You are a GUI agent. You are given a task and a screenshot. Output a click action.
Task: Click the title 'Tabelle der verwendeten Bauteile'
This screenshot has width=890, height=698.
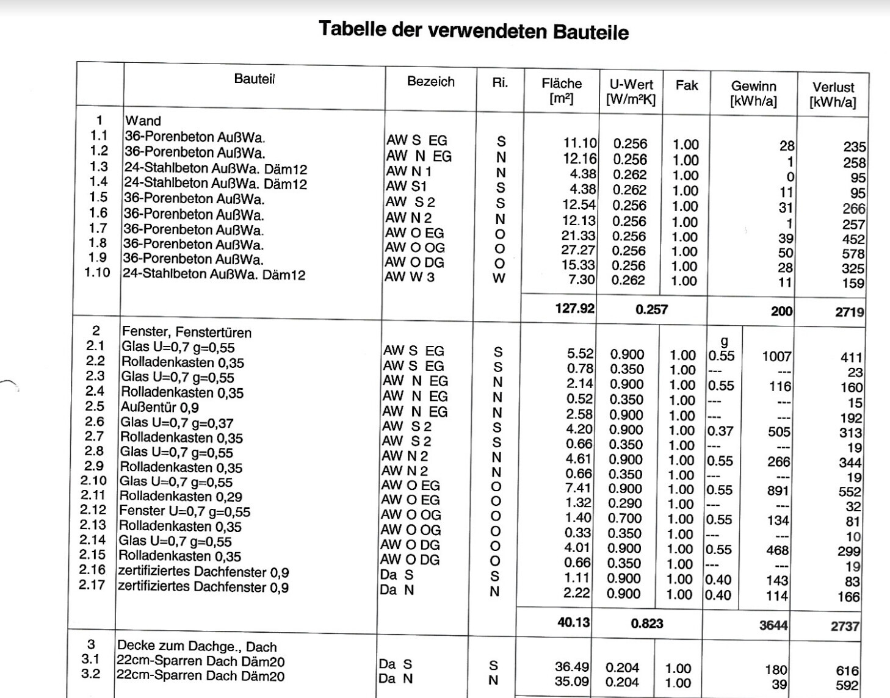click(x=473, y=30)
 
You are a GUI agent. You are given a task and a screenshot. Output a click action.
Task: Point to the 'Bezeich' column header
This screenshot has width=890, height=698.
click(x=430, y=82)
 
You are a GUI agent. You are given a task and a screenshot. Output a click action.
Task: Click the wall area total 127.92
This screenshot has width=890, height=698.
click(x=574, y=308)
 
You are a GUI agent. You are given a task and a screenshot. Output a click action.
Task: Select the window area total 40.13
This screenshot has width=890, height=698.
click(x=573, y=622)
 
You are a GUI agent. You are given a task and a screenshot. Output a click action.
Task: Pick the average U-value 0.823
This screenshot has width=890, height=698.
click(x=646, y=624)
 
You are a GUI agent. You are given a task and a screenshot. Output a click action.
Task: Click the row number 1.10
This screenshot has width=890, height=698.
click(x=97, y=272)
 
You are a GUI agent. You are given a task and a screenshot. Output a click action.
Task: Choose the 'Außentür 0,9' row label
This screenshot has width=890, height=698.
click(x=159, y=407)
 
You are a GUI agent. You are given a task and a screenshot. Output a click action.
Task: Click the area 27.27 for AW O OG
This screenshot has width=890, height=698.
click(x=578, y=250)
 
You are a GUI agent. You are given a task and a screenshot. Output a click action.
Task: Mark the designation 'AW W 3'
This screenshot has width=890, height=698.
click(x=410, y=277)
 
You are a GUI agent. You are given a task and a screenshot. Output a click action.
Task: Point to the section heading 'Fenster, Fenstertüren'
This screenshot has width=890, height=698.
click(x=187, y=332)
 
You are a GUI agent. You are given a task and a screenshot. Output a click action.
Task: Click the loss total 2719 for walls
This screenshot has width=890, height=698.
click(x=850, y=312)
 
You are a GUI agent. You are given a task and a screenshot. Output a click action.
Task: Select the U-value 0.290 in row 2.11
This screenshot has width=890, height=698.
click(x=625, y=503)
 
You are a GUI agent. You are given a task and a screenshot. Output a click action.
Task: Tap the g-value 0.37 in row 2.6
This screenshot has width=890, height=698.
click(x=720, y=431)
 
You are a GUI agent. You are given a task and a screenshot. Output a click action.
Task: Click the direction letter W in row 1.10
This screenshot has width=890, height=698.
click(x=499, y=279)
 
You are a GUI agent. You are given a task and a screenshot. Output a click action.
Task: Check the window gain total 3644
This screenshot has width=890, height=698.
click(x=773, y=625)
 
